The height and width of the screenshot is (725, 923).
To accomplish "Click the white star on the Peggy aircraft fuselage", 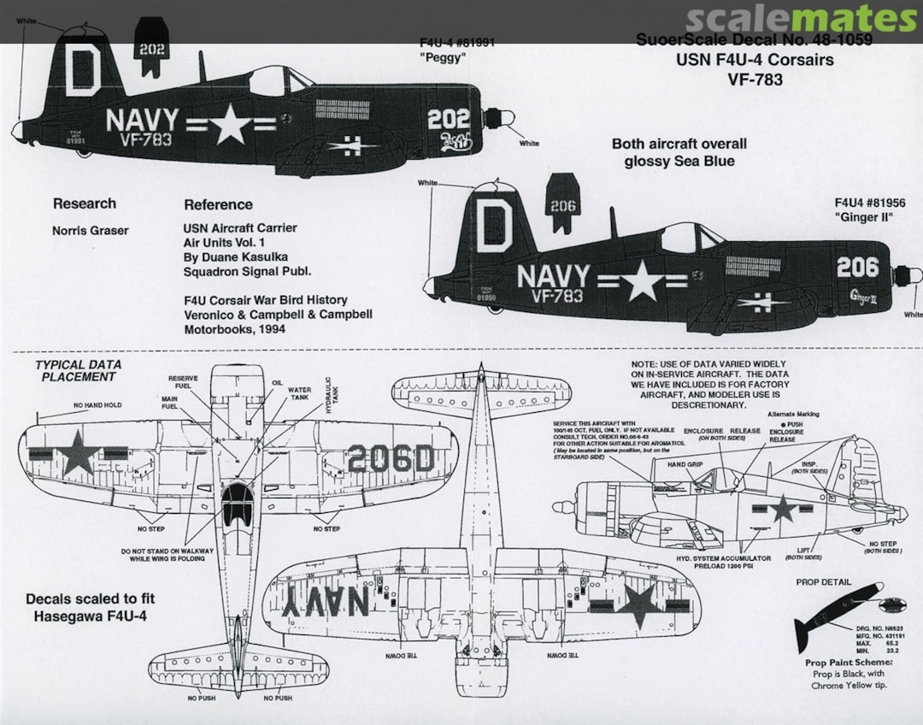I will pos(231,126).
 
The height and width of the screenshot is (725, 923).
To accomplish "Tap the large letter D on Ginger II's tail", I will pos(494,227).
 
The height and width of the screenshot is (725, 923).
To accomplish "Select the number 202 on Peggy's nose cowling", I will pos(449,119).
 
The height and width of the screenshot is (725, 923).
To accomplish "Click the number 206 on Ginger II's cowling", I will pos(857,268).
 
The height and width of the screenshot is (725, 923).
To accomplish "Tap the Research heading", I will pos(84,203).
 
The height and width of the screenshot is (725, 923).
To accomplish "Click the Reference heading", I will pos(218,204).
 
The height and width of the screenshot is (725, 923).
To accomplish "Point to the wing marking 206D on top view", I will pos(391,460).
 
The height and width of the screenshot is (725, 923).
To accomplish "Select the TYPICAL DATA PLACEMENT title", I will pos(78,370).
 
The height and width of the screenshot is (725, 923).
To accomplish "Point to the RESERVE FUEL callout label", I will pos(182,382).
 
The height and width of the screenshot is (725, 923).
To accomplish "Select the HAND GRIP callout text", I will pos(684,464).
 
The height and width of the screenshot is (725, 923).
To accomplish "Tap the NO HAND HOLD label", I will pos(97,404).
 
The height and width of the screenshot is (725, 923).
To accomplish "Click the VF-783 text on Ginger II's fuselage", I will pos(556,296).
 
